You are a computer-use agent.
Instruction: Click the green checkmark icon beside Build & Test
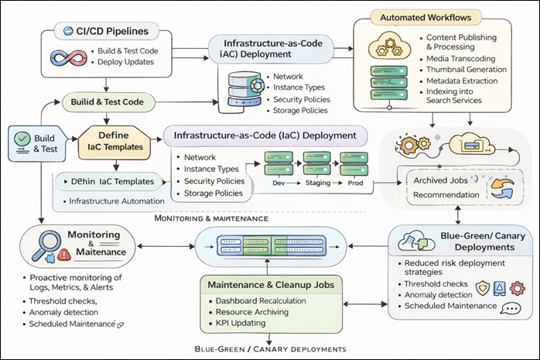(x=22, y=140)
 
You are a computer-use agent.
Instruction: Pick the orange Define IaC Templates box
(x=115, y=140)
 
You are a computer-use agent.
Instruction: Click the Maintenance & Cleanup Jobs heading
(x=268, y=284)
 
